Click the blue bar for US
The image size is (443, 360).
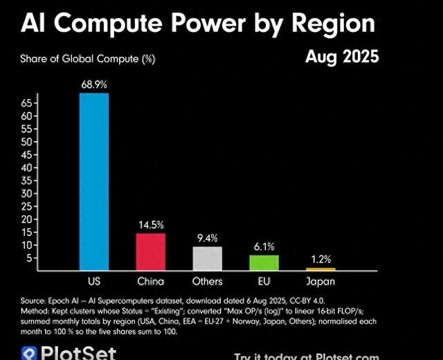tap(93, 181)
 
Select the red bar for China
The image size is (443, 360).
tap(150, 252)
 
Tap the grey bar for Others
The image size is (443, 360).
tap(207, 258)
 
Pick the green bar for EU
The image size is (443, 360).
tap(264, 262)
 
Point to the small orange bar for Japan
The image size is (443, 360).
tap(320, 269)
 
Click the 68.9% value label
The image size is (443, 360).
tap(93, 84)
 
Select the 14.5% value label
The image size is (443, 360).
tap(150, 225)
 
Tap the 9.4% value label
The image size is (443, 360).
tap(207, 238)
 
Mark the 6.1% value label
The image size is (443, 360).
tap(264, 246)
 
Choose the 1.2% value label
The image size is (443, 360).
tap(320, 259)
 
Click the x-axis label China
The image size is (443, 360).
tap(150, 281)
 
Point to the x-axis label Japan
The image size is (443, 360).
tap(320, 281)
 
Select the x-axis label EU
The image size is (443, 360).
tap(264, 281)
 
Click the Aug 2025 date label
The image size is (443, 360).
tap(342, 57)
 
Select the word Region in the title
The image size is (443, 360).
tap(332, 24)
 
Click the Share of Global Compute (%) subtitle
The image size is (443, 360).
tap(87, 60)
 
